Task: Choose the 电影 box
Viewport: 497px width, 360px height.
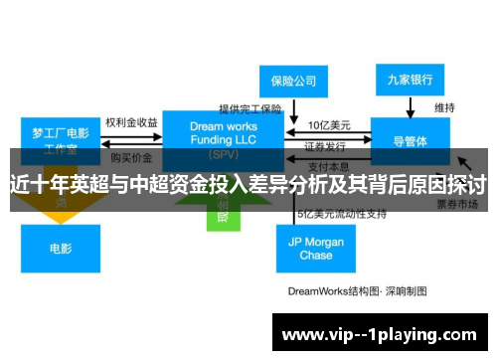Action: click(61, 248)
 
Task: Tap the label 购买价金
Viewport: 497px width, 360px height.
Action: click(131, 157)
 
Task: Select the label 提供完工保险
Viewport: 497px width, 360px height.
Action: click(250, 108)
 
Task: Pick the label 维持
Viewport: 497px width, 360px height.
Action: click(444, 106)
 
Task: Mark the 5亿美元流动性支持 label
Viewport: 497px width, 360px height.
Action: click(340, 214)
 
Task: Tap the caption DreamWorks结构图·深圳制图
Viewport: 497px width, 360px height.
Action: click(357, 291)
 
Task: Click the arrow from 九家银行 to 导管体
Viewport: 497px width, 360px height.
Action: click(410, 105)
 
